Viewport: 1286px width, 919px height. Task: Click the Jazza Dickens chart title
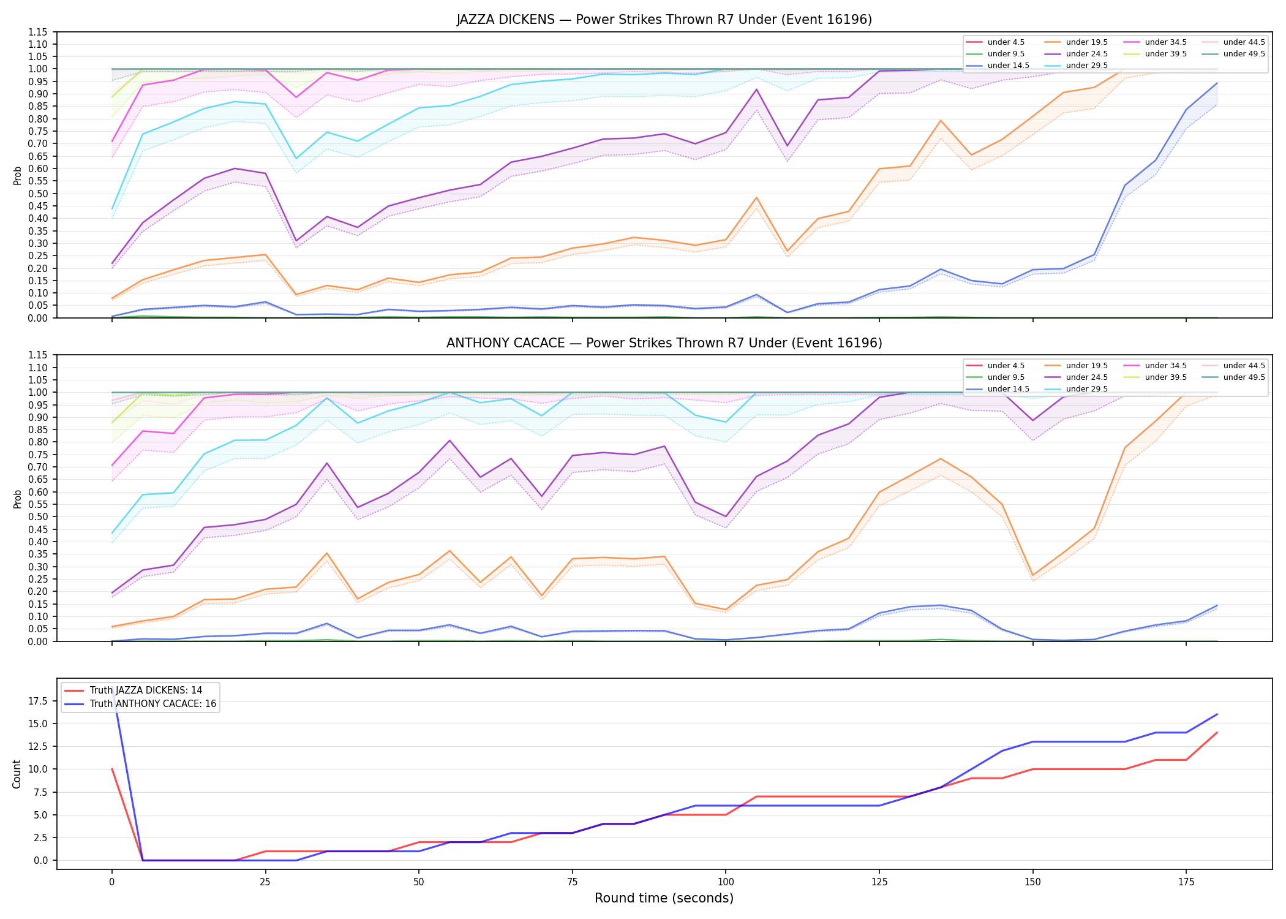point(664,20)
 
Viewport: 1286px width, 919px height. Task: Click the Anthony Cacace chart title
point(664,343)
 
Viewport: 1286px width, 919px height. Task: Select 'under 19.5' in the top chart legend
point(1086,42)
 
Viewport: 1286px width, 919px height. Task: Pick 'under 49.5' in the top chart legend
point(1244,54)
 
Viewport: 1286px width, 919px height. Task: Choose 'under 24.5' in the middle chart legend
point(1086,377)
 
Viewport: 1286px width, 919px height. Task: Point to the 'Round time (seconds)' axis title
point(664,898)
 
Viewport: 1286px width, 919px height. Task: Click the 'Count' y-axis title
point(17,774)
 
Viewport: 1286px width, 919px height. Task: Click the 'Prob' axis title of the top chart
point(18,175)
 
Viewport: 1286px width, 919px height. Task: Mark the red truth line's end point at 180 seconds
point(1217,733)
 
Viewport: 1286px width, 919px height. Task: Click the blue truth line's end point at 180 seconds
point(1217,714)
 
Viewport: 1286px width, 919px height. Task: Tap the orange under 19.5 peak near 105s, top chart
point(756,198)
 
